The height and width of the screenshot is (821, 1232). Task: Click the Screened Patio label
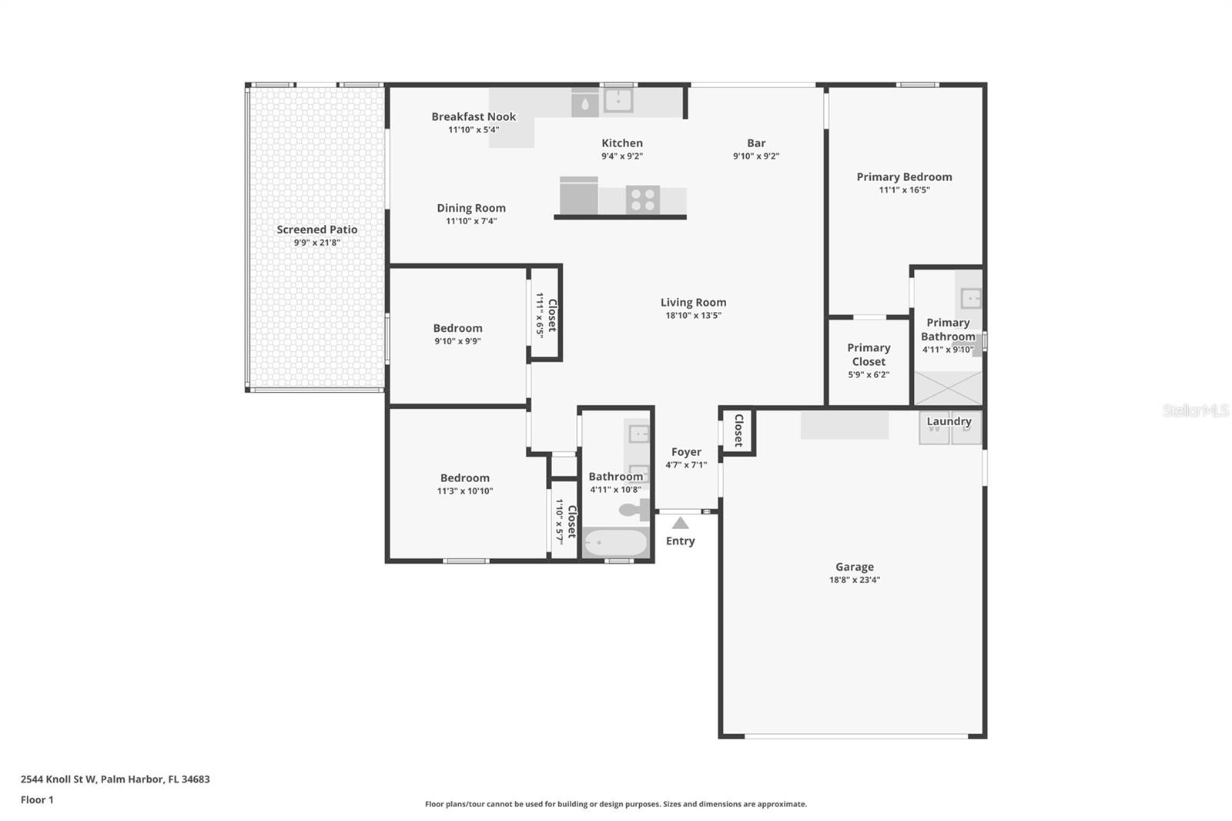pyautogui.click(x=316, y=230)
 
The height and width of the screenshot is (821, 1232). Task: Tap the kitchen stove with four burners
pyautogui.click(x=642, y=199)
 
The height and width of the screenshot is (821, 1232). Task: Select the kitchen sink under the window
pyautogui.click(x=618, y=101)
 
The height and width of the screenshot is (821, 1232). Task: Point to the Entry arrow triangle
pyautogui.click(x=681, y=523)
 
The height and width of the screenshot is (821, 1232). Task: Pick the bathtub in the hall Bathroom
pyautogui.click(x=615, y=543)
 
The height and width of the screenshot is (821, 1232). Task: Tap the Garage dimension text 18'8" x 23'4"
pyautogui.click(x=855, y=579)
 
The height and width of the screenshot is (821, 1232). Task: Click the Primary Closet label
pyautogui.click(x=869, y=354)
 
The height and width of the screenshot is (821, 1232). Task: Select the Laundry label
pyautogui.click(x=949, y=421)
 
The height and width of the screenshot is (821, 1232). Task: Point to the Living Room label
pyautogui.click(x=693, y=302)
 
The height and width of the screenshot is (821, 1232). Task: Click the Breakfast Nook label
pyautogui.click(x=474, y=116)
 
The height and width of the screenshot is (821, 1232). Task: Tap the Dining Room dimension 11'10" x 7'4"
pyautogui.click(x=471, y=221)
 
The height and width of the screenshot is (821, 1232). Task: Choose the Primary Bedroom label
pyautogui.click(x=904, y=176)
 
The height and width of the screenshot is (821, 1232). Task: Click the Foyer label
pyautogui.click(x=686, y=452)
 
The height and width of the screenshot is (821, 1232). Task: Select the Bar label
pyautogui.click(x=756, y=143)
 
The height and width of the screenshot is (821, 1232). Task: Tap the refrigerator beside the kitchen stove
pyautogui.click(x=578, y=196)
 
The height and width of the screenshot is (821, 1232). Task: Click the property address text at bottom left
pyautogui.click(x=115, y=779)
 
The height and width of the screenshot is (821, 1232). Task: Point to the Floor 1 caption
pyautogui.click(x=37, y=799)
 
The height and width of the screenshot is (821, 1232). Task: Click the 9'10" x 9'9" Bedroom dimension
pyautogui.click(x=457, y=341)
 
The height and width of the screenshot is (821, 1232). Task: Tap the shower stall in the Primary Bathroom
pyautogui.click(x=948, y=388)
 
